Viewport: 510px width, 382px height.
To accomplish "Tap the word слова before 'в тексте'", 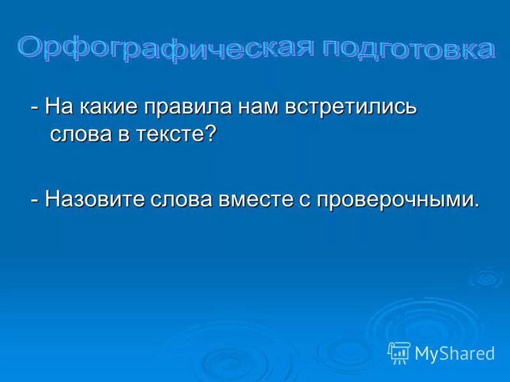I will point(79,135).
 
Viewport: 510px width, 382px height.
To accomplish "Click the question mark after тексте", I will point(211,134).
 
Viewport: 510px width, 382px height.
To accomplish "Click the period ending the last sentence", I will point(476,206).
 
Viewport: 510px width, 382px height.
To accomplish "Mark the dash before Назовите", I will point(35,201).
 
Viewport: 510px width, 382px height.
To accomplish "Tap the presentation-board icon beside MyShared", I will point(399,353).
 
